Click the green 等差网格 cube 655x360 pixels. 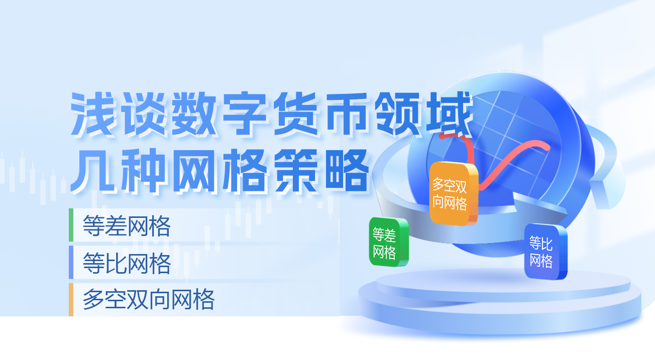pos(388,242)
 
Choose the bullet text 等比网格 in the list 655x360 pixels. pos(127,263)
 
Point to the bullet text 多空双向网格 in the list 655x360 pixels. pos(149,300)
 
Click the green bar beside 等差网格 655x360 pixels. pos(71,225)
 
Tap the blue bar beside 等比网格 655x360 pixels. pos(71,262)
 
